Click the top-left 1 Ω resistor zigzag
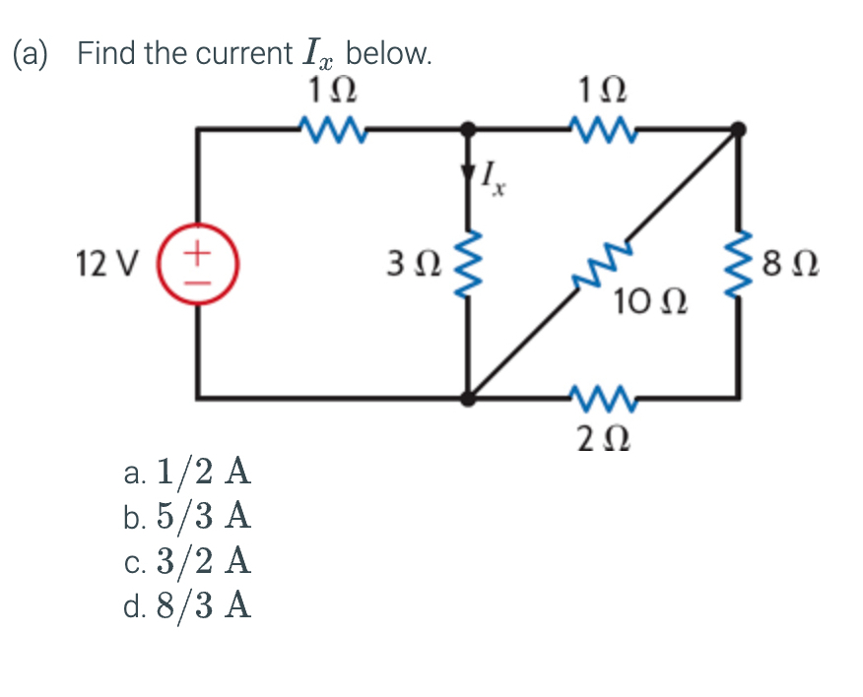click(331, 127)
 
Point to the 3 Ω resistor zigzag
click(468, 264)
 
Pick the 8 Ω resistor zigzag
click(739, 264)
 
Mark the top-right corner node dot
click(739, 128)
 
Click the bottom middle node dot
click(468, 399)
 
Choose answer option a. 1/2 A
click(188, 474)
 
